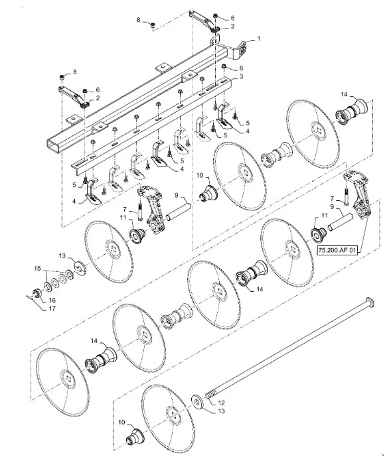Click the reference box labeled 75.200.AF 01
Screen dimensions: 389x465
(337, 250)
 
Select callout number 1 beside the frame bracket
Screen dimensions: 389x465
(258, 38)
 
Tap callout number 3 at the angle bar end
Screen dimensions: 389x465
(241, 76)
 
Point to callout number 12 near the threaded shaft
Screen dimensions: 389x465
(221, 403)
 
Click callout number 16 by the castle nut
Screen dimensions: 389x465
(52, 300)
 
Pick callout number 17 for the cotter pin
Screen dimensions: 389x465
(52, 308)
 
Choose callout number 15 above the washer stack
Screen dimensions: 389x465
(37, 269)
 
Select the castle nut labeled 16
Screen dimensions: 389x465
(37, 293)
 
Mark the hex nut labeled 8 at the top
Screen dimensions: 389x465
(153, 26)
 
